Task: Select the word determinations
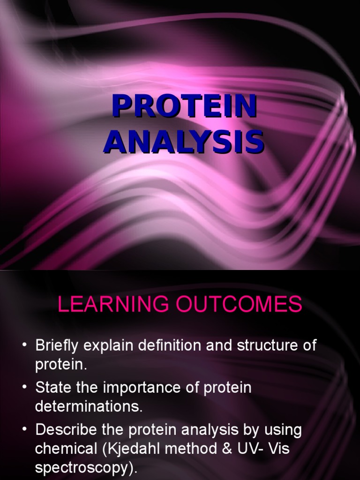click(89, 406)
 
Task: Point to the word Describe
click(66, 430)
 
